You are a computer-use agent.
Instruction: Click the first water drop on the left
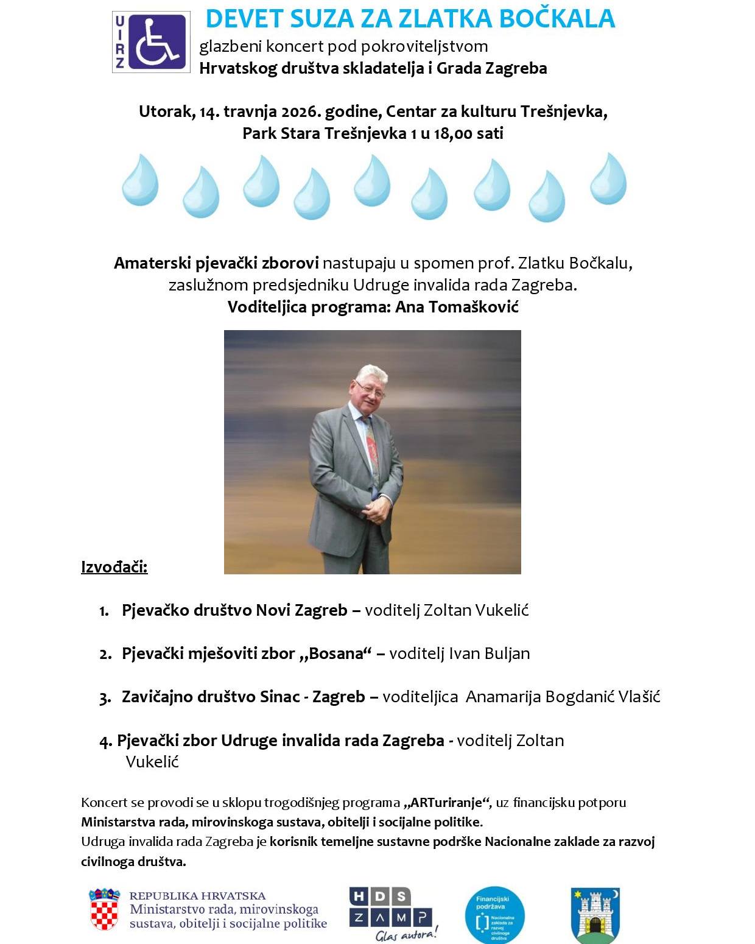[140, 180]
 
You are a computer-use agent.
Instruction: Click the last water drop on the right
[608, 179]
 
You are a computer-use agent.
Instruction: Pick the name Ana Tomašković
[457, 307]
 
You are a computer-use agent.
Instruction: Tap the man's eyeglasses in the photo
[370, 388]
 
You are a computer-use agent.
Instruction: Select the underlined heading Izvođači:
[114, 567]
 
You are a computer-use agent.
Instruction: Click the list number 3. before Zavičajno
[105, 698]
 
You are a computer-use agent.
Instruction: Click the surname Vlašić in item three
[639, 697]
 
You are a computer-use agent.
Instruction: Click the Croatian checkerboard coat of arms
[105, 911]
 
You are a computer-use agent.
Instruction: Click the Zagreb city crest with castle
[595, 914]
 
